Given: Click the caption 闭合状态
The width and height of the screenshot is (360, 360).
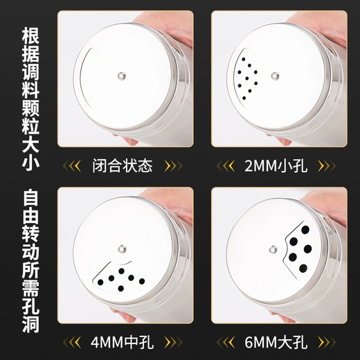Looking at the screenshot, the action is coord(123,165).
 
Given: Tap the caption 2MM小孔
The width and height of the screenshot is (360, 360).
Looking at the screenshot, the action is coord(276,165).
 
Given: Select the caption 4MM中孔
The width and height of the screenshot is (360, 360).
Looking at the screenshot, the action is coord(122,342).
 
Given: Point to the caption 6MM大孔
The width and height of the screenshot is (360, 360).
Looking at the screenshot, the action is coord(276,342).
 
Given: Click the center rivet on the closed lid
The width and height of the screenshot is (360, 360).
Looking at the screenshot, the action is coord(122,75).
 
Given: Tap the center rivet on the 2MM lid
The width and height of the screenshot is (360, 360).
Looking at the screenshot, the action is coord(275,75).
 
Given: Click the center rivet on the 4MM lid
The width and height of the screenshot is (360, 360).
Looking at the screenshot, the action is coord(122,249).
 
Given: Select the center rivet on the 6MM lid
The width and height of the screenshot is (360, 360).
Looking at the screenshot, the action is coord(273,249).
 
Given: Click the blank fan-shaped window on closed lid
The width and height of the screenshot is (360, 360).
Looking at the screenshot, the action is coord(93,78).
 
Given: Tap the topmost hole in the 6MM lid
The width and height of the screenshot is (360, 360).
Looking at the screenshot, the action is coord(305,230).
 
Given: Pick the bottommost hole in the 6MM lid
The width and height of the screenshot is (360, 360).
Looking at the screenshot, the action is coord(303,269).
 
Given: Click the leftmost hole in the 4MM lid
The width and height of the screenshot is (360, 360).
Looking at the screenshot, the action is coord(100,282).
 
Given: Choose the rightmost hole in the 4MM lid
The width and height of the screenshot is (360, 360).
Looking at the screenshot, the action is coord(142,281).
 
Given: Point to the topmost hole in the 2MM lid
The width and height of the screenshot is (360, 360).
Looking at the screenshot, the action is coord(244,60).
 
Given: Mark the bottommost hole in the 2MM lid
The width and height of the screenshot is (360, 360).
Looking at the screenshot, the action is coord(244,98).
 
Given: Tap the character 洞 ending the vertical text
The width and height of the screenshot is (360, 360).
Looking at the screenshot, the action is coord(30,324).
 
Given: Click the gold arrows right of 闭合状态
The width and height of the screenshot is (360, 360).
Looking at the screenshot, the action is coord(173,165).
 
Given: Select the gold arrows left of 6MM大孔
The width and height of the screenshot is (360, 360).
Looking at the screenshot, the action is coord(226,342).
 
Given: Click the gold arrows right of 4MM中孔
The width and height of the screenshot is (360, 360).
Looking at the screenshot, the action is coord(173,342).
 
